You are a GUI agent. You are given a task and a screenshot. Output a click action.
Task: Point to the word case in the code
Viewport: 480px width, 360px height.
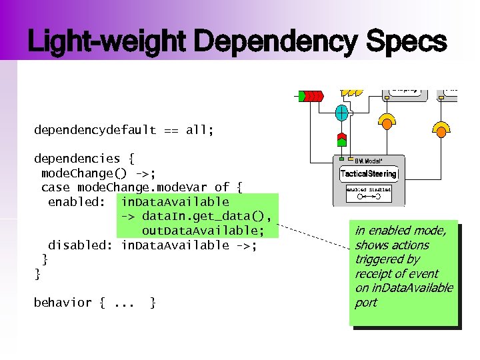[x=55, y=187]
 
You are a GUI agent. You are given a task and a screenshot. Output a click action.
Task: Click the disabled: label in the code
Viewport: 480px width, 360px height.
[x=80, y=245]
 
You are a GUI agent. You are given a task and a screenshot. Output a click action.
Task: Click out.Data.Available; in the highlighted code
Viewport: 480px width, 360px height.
[x=203, y=231]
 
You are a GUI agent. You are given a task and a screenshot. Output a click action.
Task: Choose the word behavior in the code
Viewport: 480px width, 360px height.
[x=63, y=303]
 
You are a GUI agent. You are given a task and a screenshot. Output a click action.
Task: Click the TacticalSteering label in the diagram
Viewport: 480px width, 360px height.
[x=369, y=174]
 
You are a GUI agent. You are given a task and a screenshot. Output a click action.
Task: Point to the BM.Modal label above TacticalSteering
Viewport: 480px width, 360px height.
[x=368, y=161]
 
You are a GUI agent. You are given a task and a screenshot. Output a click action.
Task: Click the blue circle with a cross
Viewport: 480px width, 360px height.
[x=341, y=113]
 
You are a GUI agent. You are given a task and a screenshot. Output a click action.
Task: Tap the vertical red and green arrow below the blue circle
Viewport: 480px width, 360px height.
[x=341, y=139]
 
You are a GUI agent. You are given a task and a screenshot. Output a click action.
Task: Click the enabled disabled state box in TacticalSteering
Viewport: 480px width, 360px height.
[x=369, y=193]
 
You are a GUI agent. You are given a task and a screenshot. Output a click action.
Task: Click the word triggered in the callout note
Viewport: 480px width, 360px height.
[x=377, y=259]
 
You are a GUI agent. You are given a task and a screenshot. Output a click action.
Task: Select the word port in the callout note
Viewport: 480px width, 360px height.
[x=366, y=303]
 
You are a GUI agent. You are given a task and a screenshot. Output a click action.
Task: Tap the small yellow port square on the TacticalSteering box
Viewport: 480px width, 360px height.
[x=341, y=159]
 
